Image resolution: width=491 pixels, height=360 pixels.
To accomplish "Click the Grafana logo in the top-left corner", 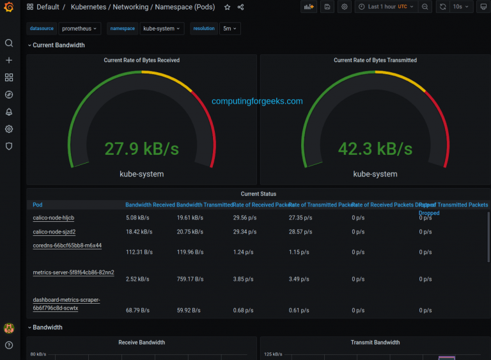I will pos(9,7).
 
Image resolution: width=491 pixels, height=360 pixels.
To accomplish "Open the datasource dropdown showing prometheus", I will pos(80,29).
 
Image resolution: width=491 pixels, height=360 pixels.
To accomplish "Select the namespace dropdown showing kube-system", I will pos(162,29).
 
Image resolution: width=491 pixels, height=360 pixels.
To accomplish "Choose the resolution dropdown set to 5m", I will pos(230,29).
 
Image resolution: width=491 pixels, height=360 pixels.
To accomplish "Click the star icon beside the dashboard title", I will pos(227,7).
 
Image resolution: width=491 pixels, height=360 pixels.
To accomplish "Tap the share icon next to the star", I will pos(240,7).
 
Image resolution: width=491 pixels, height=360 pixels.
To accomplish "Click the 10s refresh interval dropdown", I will pos(461,7).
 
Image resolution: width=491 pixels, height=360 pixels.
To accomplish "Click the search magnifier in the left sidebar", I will pos(9,43).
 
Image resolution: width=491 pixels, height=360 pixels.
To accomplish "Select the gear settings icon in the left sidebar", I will pos(9,129).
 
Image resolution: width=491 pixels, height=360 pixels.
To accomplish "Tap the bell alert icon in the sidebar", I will pos(9,112).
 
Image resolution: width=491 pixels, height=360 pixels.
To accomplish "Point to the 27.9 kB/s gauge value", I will pos(141,149).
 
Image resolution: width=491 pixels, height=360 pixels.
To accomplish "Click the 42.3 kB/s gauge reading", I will pos(375,149).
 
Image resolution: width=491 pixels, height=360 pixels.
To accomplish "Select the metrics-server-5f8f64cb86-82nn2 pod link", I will pos(74,272).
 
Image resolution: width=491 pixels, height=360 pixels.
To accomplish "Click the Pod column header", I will pos(38,205).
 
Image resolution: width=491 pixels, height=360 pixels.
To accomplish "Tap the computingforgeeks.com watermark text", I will pos(257,101).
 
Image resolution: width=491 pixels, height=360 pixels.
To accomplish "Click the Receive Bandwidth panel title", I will pos(141,343).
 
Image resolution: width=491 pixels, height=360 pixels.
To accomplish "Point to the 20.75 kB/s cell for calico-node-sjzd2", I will pos(190,232).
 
